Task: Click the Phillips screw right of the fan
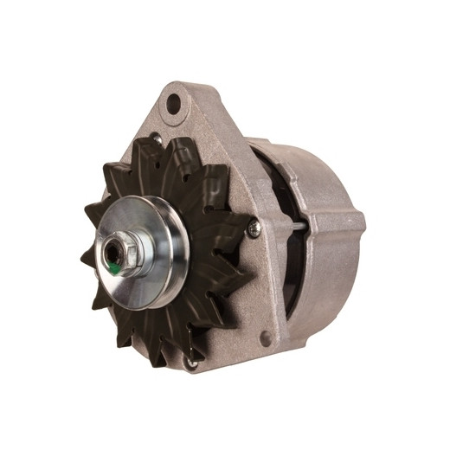[x=254, y=228]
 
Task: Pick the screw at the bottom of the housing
[x=192, y=363]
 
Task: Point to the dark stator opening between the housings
[x=281, y=190]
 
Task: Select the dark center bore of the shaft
[x=113, y=253]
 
